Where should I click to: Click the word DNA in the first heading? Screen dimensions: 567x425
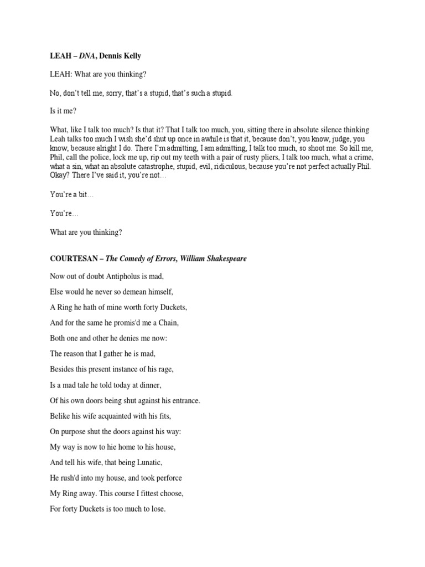click(87, 56)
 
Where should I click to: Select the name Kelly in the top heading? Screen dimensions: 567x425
click(137, 56)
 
